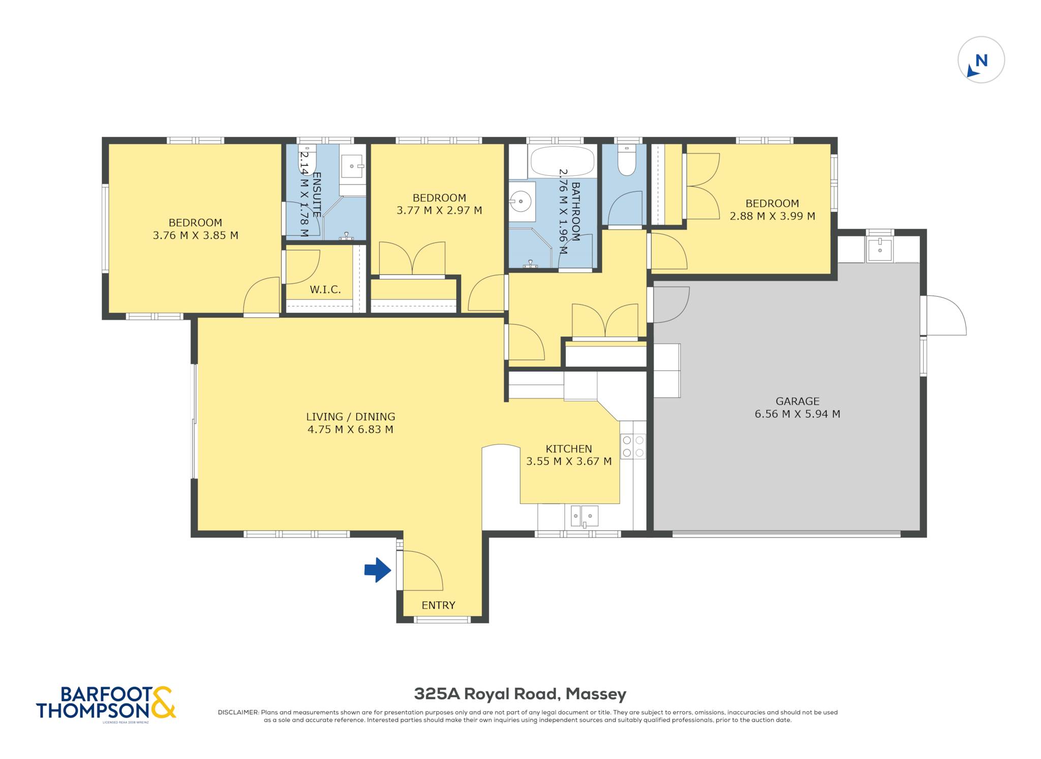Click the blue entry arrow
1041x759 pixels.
pos(378,570)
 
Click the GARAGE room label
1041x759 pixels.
pos(798,401)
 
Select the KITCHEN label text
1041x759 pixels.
pos(569,449)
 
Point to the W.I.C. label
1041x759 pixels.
pos(325,290)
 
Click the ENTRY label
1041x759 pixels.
pos(439,605)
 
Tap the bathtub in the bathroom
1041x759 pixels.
pos(562,161)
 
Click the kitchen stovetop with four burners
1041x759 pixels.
pos(633,447)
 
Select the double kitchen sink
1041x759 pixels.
pos(585,516)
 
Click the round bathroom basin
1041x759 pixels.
pos(520,202)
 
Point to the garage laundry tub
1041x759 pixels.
pos(879,249)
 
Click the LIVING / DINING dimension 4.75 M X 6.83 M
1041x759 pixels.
pos(350,429)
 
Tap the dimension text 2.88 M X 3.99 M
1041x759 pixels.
pos(772,216)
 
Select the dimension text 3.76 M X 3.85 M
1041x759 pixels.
pos(196,235)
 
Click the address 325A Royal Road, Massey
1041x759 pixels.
pos(520,693)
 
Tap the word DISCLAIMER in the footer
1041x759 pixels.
pos(238,712)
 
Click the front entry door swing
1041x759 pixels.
pos(423,571)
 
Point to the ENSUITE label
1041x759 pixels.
pos(316,195)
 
